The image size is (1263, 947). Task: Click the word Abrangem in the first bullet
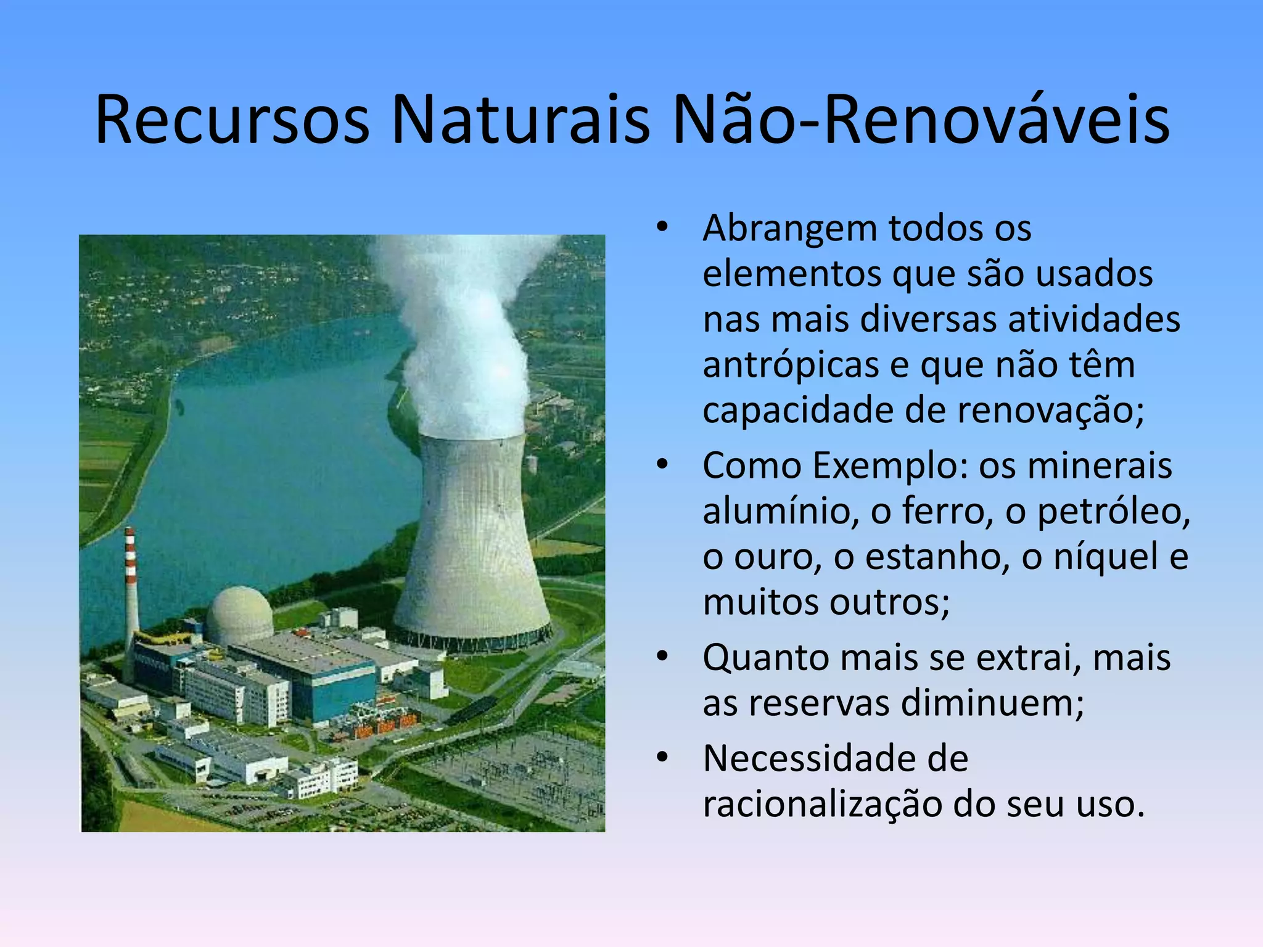[x=789, y=229]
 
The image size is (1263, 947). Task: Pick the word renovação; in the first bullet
[x=1050, y=411]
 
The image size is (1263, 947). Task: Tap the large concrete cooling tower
[x=472, y=543]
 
